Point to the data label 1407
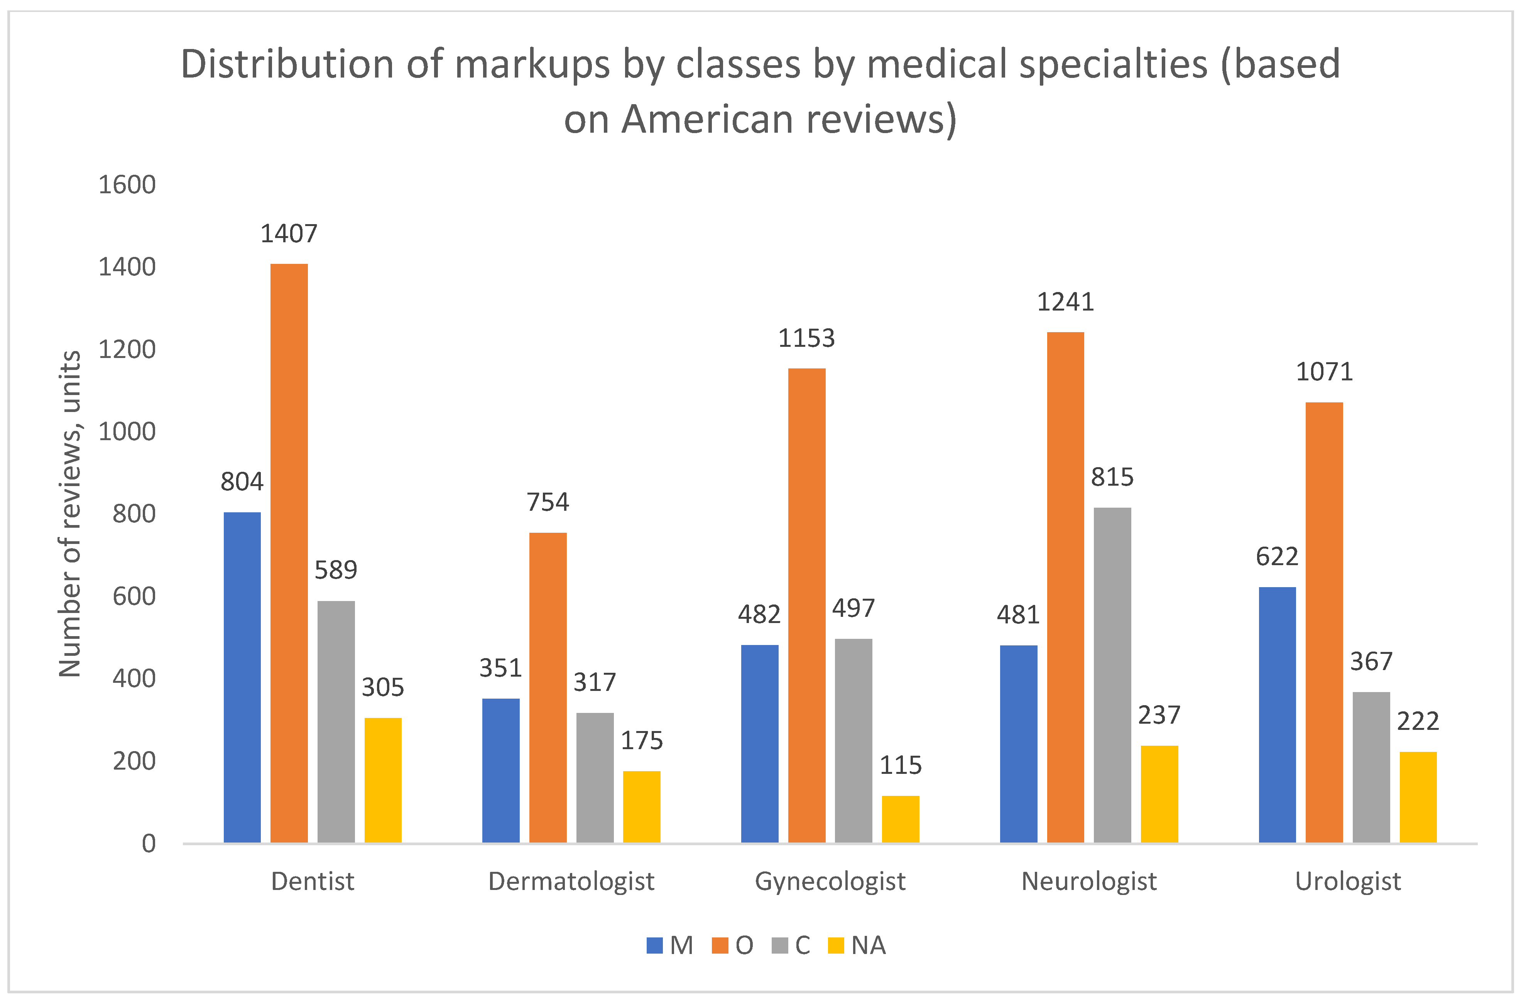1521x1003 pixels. tap(289, 233)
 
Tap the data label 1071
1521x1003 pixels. tap(1324, 371)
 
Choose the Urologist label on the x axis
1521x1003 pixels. tap(1348, 881)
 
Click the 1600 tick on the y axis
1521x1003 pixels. tap(127, 185)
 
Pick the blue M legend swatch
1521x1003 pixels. tap(654, 946)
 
